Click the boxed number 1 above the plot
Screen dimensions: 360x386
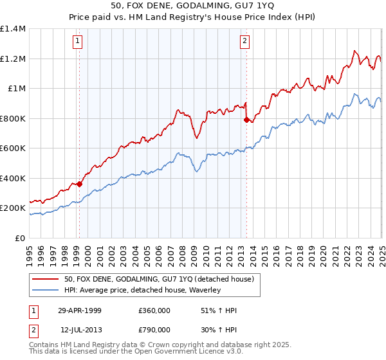tap(78, 42)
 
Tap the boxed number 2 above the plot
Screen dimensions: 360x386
tap(245, 42)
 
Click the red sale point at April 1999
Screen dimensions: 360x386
tap(80, 184)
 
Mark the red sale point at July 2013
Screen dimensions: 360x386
tap(246, 120)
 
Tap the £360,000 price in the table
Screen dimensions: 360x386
tap(154, 310)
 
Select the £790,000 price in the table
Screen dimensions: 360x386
tap(154, 330)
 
